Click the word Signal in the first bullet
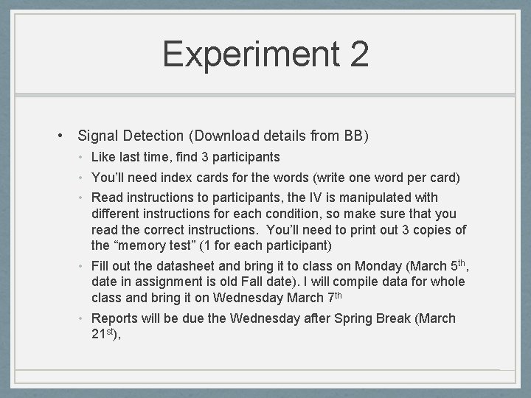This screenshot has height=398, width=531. (98, 136)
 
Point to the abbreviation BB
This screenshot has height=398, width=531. (353, 136)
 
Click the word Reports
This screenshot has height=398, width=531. (114, 318)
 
